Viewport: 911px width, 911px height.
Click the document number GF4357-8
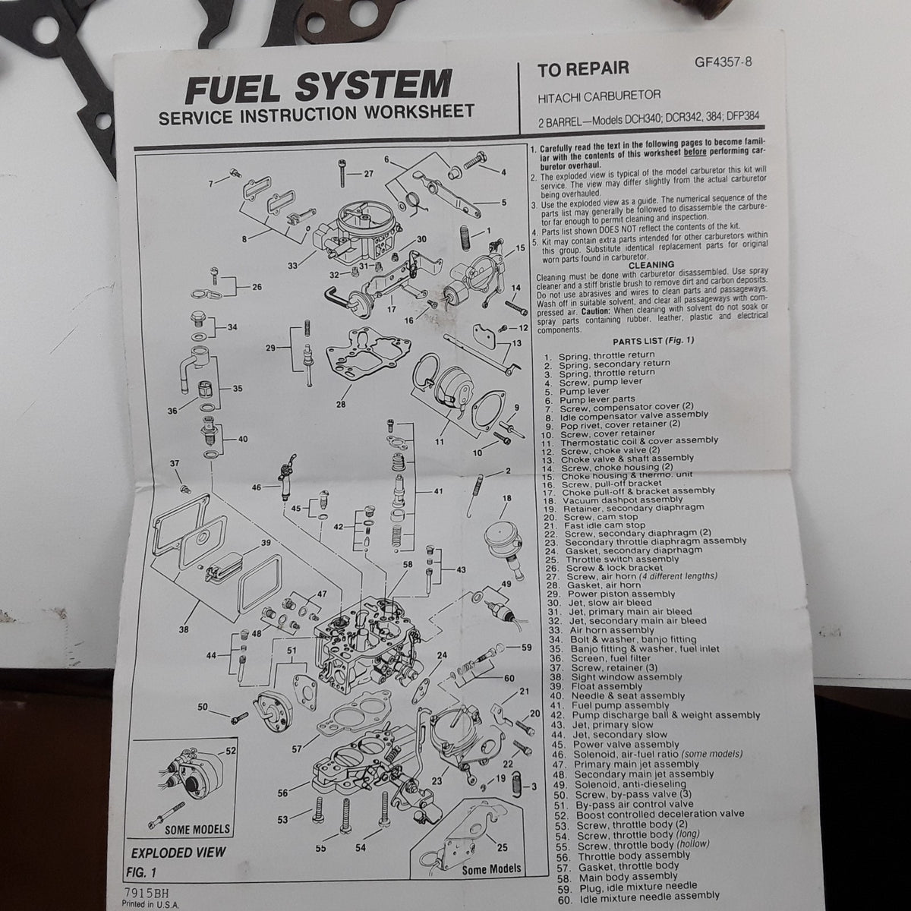pyautogui.click(x=723, y=62)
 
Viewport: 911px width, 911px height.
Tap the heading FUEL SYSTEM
pyautogui.click(x=318, y=87)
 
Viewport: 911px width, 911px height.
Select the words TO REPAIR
pyautogui.click(x=583, y=69)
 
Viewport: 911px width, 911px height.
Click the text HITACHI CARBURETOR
pyautogui.click(x=599, y=96)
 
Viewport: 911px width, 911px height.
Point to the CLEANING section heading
pyautogui.click(x=651, y=265)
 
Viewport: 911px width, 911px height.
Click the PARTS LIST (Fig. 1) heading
pyautogui.click(x=654, y=341)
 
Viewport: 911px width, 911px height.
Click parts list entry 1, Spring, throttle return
pyautogui.click(x=599, y=355)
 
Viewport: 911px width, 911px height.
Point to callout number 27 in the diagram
pyautogui.click(x=368, y=174)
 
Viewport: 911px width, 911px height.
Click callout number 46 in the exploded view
pyautogui.click(x=257, y=487)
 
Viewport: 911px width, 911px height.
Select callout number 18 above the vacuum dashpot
pyautogui.click(x=507, y=498)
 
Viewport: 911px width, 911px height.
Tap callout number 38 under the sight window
pyautogui.click(x=184, y=629)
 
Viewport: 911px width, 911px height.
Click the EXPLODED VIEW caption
pyautogui.click(x=178, y=853)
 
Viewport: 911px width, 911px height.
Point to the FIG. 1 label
pyautogui.click(x=141, y=872)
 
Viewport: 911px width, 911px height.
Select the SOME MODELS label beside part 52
pyautogui.click(x=197, y=829)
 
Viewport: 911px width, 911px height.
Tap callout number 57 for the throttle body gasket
pyautogui.click(x=296, y=749)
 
